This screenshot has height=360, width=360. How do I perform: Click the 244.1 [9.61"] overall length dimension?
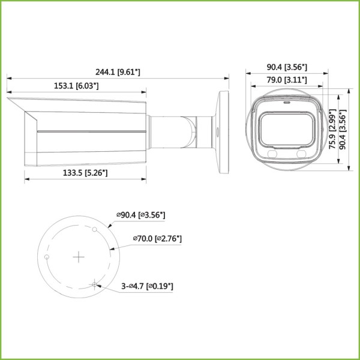(118, 72)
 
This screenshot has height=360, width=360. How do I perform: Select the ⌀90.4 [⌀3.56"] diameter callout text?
(141, 214)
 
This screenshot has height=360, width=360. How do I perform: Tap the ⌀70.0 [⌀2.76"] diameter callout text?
(158, 239)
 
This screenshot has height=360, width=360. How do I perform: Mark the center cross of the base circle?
(79, 257)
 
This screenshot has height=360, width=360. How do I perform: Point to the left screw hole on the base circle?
(47, 257)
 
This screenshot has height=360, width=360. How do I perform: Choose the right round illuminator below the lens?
(302, 154)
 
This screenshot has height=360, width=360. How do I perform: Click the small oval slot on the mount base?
(218, 128)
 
